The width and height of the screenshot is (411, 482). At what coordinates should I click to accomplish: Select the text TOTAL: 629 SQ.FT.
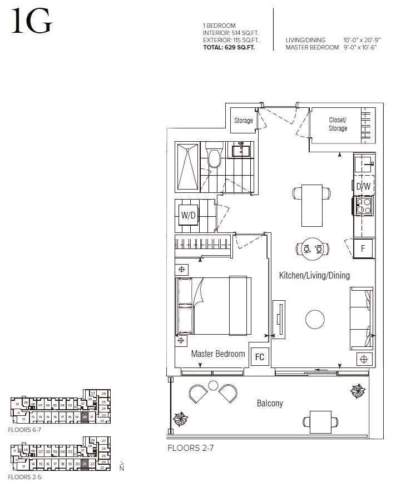(x=231, y=47)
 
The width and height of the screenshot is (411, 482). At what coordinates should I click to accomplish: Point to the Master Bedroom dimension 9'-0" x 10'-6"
(x=362, y=47)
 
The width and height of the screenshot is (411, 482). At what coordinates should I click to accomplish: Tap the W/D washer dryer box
(x=187, y=216)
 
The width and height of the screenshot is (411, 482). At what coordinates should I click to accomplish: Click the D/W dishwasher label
(x=363, y=187)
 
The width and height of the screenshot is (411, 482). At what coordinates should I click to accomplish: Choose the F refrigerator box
(x=363, y=249)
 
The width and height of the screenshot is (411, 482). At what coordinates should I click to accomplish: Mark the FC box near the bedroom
(x=259, y=357)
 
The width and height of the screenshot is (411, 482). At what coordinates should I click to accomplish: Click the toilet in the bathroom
(x=213, y=155)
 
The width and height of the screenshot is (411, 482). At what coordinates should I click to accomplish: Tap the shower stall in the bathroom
(x=187, y=166)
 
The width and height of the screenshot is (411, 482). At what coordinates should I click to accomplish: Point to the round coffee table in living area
(x=315, y=319)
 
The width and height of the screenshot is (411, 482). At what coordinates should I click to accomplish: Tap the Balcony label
(x=269, y=403)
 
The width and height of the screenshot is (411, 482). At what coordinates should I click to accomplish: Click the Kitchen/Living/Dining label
(x=314, y=275)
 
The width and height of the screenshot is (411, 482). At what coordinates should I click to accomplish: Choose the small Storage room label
(x=243, y=121)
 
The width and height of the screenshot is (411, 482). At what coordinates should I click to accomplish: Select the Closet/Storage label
(x=338, y=124)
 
